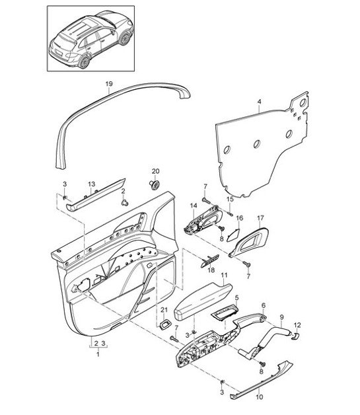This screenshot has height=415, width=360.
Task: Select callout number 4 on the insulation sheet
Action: point(259,102)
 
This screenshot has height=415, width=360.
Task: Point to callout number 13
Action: point(92,184)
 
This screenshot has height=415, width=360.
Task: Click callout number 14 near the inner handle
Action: point(194,206)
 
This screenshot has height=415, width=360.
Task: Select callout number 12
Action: point(297,325)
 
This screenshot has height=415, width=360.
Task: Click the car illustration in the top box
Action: point(90,39)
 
